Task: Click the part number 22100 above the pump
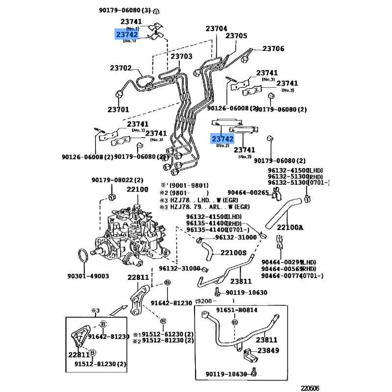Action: pyautogui.click(x=138, y=190)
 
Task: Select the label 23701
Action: pyautogui.click(x=118, y=109)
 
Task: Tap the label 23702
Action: pyautogui.click(x=121, y=68)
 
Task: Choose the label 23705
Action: pyautogui.click(x=236, y=36)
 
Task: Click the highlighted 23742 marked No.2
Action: pyautogui.click(x=222, y=139)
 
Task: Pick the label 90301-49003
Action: pyautogui.click(x=88, y=276)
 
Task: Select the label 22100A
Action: pyautogui.click(x=290, y=227)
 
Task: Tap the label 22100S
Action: pyautogui.click(x=234, y=253)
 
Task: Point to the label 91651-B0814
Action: pyautogui.click(x=237, y=310)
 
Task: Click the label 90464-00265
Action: pyautogui.click(x=248, y=193)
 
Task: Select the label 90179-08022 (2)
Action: pyautogui.click(x=117, y=180)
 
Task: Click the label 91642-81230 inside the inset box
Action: pyautogui.click(x=109, y=337)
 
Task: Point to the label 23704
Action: pyautogui.click(x=216, y=28)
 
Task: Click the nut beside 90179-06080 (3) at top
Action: pyautogui.click(x=156, y=11)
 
